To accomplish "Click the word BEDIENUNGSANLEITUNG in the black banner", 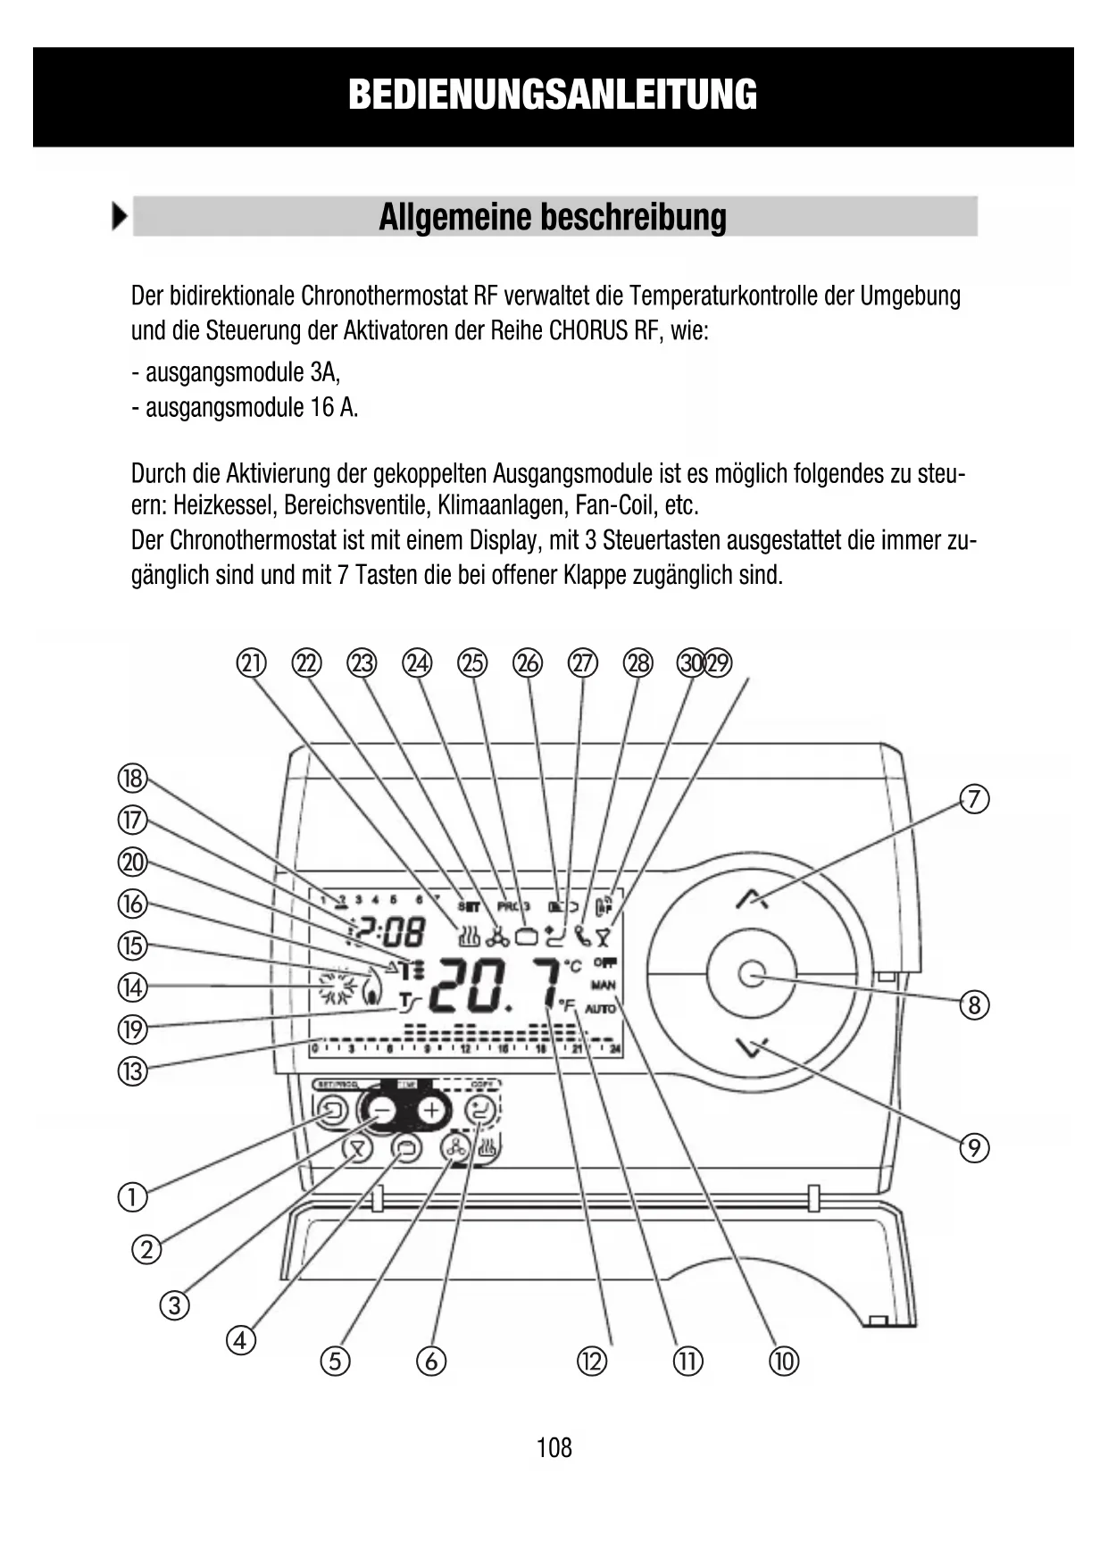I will coord(553,95).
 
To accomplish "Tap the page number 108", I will coord(554,1447).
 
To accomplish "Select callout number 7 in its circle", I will coord(974,798).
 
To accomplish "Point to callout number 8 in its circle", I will coord(974,1005).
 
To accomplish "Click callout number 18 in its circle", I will coord(132,779).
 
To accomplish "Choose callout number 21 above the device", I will coord(252,663).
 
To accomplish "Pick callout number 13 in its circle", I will coord(132,1070).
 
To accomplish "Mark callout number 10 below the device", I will coord(784,1361).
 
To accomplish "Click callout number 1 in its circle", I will coord(132,1196).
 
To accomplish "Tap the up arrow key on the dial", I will coord(752,899).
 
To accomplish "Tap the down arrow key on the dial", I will coord(752,1047).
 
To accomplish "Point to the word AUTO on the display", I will coord(602,1009).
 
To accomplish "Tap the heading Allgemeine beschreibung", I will coord(553,217).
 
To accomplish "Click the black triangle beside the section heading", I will coord(120,217).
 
